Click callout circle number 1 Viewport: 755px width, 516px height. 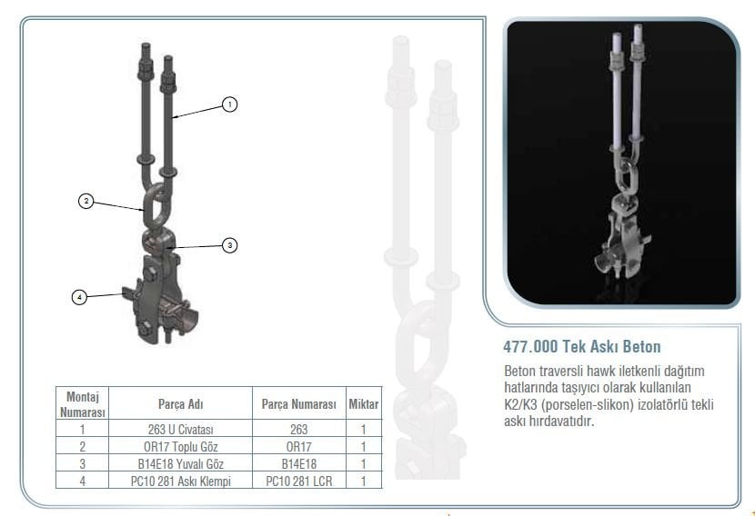click(x=230, y=105)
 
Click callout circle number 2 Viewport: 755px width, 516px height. click(x=86, y=202)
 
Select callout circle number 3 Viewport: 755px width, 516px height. click(x=230, y=244)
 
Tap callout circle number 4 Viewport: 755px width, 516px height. click(x=80, y=297)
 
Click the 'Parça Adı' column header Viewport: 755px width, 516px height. click(x=179, y=403)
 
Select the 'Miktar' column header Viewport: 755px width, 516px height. click(x=363, y=403)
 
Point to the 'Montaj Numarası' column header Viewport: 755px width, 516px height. click(x=83, y=403)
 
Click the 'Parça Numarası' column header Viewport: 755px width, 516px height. click(x=298, y=403)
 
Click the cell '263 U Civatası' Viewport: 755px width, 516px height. click(x=179, y=429)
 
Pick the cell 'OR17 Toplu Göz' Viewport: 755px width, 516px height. click(x=179, y=446)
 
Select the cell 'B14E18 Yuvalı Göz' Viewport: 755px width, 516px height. click(x=179, y=463)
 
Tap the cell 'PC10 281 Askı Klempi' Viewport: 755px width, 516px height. click(x=179, y=481)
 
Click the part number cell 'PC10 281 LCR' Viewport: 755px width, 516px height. click(x=298, y=481)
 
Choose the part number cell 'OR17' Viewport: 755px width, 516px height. click(x=298, y=446)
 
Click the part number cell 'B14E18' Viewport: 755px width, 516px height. click(x=298, y=463)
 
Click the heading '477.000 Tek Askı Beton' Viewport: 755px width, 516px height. click(x=581, y=346)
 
